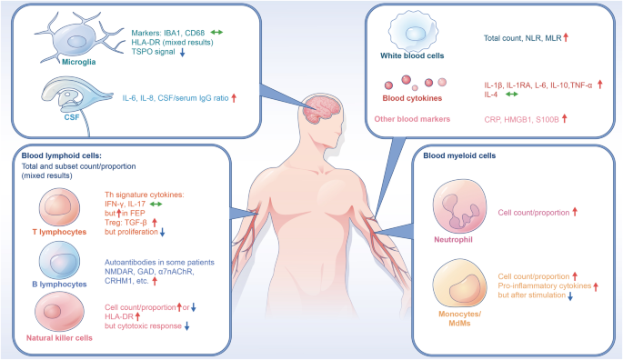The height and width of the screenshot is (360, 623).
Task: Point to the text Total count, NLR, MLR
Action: tap(521, 38)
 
